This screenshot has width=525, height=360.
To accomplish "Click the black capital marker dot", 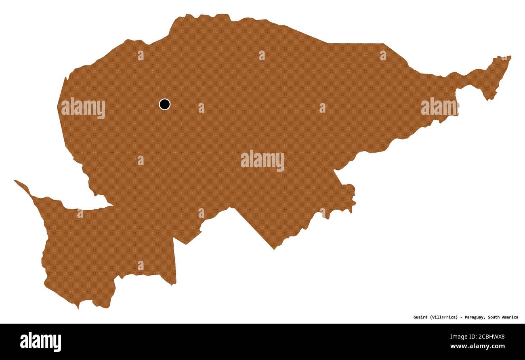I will [164, 104].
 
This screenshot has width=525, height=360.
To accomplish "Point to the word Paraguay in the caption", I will [475, 317].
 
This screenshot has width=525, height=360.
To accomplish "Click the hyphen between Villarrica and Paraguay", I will [461, 317].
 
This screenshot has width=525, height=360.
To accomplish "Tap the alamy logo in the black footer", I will [40, 341].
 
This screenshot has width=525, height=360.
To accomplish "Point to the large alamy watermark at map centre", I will [262, 160].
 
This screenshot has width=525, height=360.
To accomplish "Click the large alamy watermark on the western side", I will [83, 108].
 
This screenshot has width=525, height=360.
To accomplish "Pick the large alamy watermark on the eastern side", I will [439, 107].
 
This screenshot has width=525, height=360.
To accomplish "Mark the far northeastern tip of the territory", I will [510, 57].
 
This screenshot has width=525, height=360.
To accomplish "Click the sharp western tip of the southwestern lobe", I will [15, 181].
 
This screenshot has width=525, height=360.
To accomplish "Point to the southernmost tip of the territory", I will [78, 308].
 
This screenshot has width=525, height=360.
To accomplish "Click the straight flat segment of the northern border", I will [355, 43].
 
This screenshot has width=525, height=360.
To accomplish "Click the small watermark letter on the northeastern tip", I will [504, 57].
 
